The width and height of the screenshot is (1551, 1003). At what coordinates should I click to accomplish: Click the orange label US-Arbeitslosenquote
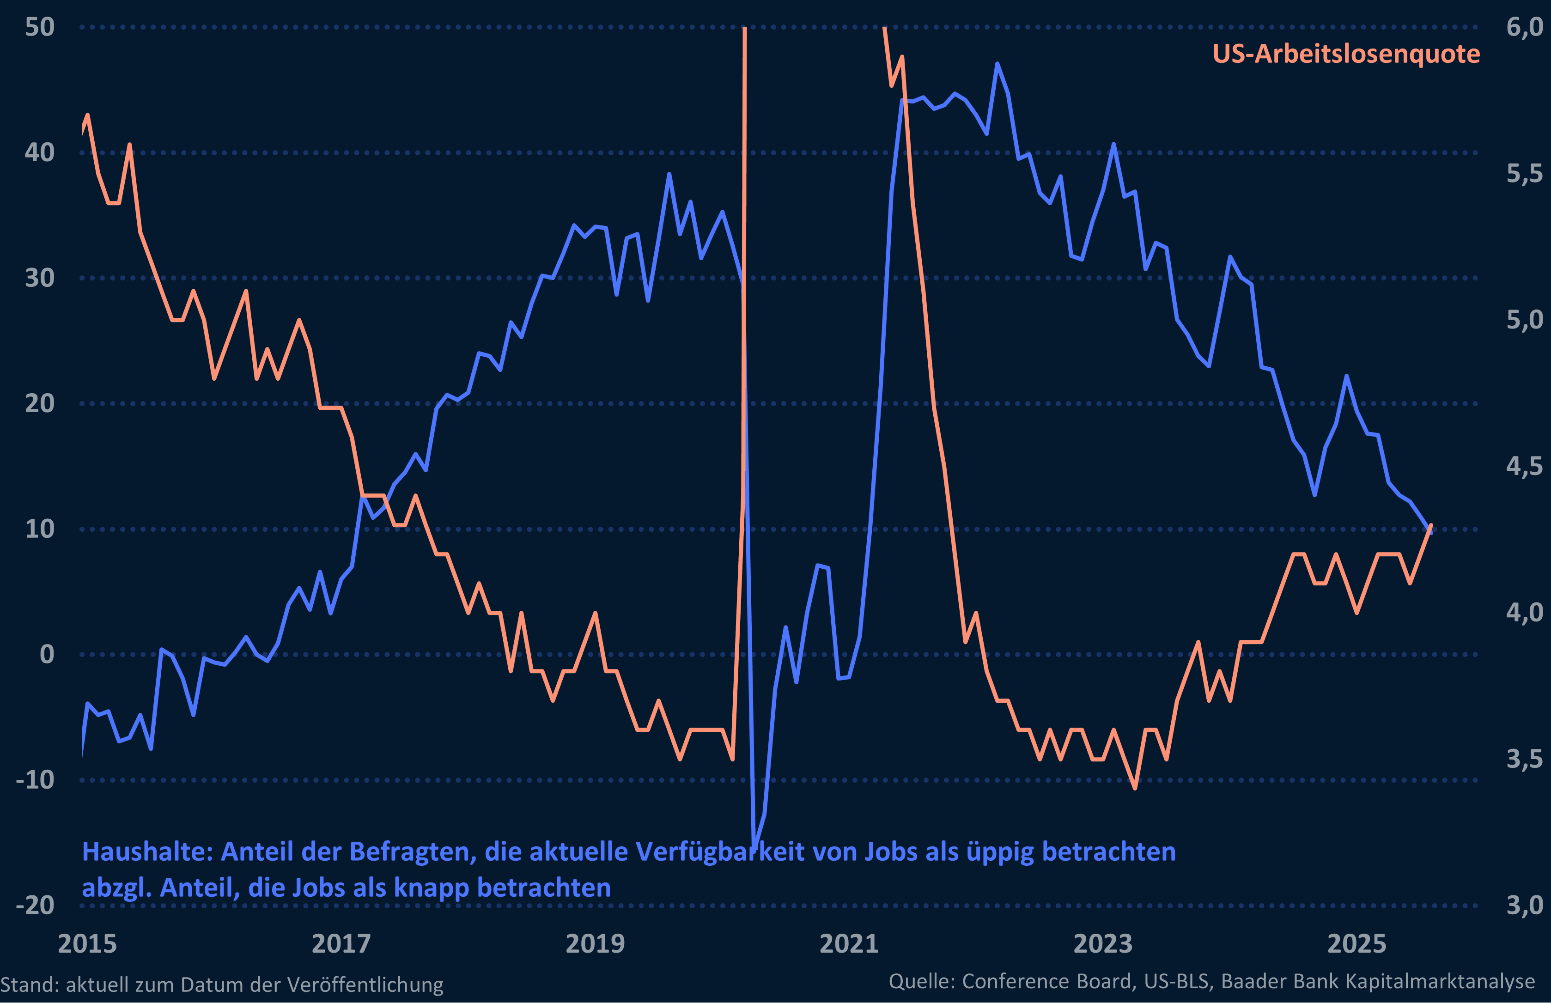pos(1346,54)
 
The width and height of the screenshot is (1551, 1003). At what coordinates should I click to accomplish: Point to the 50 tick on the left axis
pos(39,27)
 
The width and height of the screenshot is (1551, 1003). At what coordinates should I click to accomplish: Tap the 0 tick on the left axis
pos(47,654)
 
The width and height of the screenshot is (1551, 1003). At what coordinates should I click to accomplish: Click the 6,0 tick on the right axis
pos(1524,27)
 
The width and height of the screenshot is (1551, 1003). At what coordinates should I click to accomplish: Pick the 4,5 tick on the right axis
pos(1524,466)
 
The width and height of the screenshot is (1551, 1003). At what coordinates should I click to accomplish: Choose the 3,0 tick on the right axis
pos(1524,905)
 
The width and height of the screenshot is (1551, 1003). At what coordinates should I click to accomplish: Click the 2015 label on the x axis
pos(87,944)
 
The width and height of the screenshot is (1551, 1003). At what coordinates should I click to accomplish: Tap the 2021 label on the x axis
pos(848,944)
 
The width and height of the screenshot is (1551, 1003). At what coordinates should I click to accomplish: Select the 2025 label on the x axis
pos(1356,944)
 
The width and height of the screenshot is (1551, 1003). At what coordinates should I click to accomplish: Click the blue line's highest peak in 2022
pos(997,64)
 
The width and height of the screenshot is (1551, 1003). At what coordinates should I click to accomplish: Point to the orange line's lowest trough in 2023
pos(1135,789)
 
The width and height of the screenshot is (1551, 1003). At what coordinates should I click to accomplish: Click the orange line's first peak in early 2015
pos(87,115)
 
